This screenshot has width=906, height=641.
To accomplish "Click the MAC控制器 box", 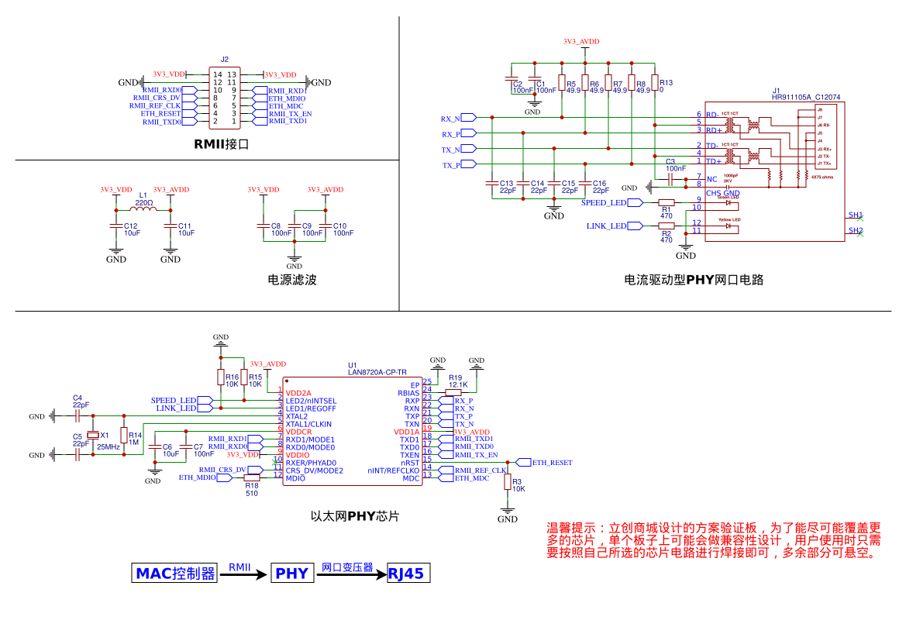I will [175, 574].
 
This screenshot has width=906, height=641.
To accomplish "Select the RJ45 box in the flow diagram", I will [407, 574].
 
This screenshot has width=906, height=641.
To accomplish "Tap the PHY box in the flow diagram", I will [292, 574].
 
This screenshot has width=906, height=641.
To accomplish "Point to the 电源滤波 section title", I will [292, 280].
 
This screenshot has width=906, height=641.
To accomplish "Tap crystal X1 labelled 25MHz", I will [93, 436].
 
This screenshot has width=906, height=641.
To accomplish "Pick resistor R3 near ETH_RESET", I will [508, 482].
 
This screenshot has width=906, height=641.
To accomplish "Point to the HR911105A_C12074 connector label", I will [806, 97].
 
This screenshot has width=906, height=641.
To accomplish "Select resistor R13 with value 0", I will [655, 83].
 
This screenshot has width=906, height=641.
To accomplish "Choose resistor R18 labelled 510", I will [251, 478].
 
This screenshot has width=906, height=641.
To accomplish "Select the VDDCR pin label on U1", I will [298, 432].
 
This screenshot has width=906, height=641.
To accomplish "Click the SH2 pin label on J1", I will [855, 230].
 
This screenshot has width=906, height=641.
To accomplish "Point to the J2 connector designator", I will [225, 59].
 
